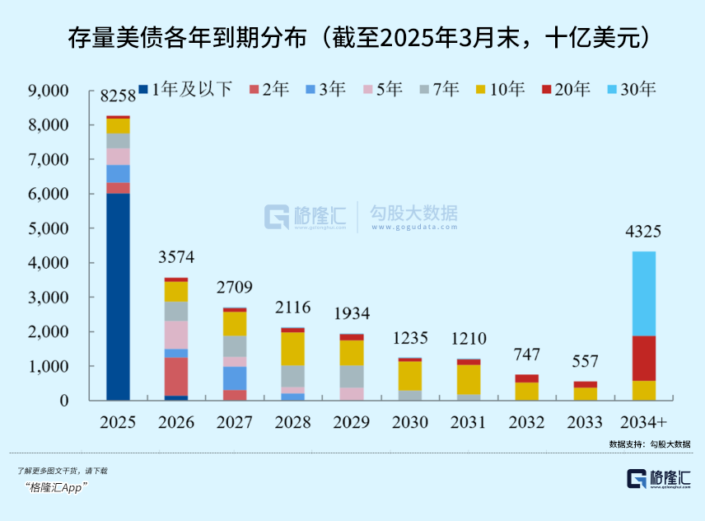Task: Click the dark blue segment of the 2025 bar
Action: pyautogui.click(x=118, y=297)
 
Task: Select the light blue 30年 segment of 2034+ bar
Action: pyautogui.click(x=644, y=293)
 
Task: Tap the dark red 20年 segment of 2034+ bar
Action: pyautogui.click(x=644, y=358)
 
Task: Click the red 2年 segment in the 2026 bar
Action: pyautogui.click(x=176, y=376)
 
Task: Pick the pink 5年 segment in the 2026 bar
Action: pyautogui.click(x=176, y=334)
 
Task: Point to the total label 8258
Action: pyautogui.click(x=118, y=98)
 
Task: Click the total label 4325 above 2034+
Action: pyautogui.click(x=643, y=232)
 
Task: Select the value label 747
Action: pyautogui.click(x=526, y=355)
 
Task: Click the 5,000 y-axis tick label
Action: pyautogui.click(x=50, y=228)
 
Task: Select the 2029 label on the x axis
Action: pyautogui.click(x=351, y=423)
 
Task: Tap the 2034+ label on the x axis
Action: pyautogui.click(x=643, y=423)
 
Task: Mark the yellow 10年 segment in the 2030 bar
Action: pyautogui.click(x=409, y=375)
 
